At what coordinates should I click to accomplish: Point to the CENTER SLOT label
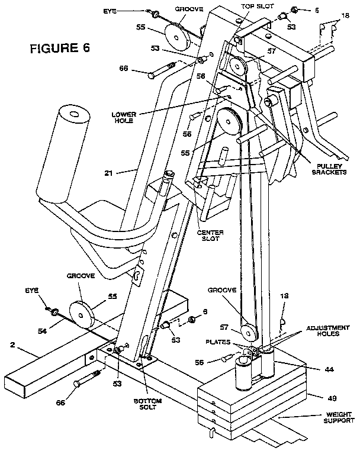(x=210, y=236)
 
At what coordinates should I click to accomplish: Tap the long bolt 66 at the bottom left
(x=85, y=382)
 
